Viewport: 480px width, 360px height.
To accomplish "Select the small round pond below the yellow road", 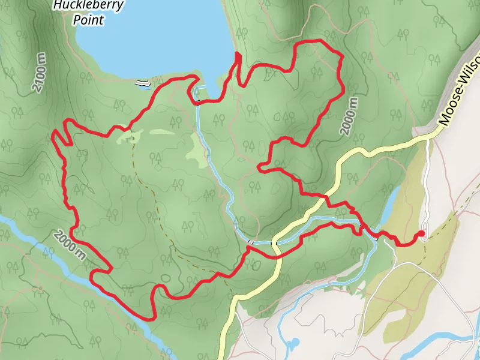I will coord(293,344).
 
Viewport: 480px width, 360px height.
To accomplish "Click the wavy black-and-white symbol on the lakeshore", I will coord(142,83).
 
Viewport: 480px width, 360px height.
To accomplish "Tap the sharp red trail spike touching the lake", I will coord(236,56).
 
